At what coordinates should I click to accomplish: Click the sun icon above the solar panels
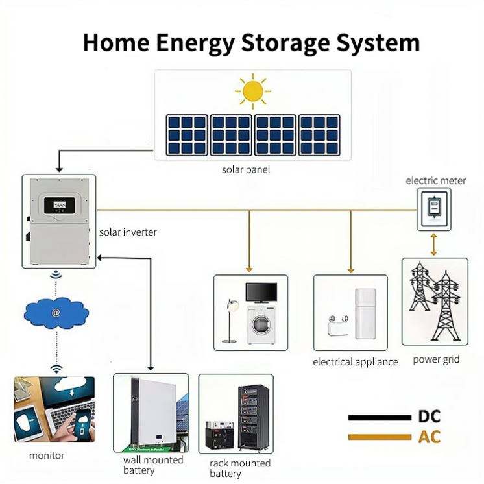coord(252,90)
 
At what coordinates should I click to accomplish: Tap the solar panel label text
coord(245,170)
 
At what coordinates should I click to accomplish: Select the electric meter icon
coord(433,208)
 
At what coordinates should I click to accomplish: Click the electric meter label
coord(435,180)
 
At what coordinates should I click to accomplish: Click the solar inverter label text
coord(128,232)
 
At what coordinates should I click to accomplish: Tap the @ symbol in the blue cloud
coord(56,313)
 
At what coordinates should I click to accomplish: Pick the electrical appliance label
coord(355,362)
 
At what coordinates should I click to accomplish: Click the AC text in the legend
coord(429,437)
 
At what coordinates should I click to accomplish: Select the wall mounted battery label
coord(153,465)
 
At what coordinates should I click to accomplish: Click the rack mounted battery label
coord(239,468)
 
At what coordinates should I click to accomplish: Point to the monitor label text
coord(47,455)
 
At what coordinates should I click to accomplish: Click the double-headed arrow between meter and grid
coord(433,245)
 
